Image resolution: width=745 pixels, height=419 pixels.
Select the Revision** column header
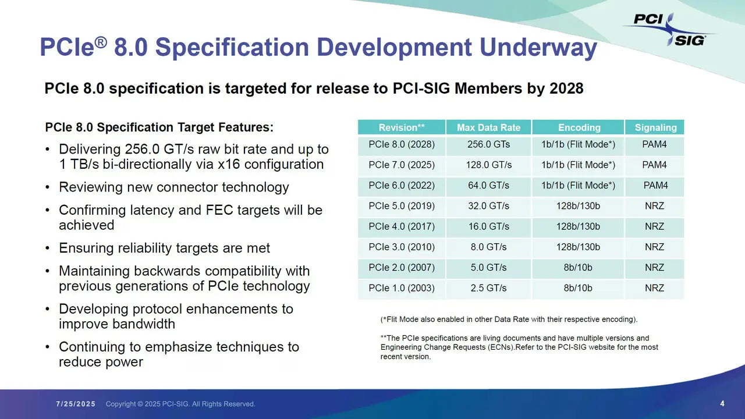coord(401,127)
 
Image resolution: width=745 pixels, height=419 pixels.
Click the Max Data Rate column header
coord(488,127)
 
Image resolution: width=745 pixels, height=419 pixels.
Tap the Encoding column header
coord(579,127)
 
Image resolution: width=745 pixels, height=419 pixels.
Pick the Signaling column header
coord(655,127)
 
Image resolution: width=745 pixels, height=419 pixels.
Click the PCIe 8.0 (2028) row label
coord(401,144)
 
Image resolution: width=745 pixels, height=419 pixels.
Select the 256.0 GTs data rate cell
coord(488,144)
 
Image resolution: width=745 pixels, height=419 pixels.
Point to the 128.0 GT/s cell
coord(488,165)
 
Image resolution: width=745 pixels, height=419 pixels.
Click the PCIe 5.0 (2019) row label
coord(401,205)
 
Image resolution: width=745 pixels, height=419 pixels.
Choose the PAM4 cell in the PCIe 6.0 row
coord(655,185)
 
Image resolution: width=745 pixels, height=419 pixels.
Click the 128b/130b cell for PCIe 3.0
coord(578,247)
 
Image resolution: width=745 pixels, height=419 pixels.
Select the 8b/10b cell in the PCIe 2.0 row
coord(578,268)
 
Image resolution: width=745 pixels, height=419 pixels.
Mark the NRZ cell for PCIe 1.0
coord(654,288)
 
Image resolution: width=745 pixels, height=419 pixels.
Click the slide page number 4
coord(722,403)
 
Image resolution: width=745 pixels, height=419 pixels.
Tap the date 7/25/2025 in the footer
coord(76,404)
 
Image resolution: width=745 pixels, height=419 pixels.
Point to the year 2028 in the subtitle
coord(566,88)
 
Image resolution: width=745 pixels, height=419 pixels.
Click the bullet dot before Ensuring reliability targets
coord(48,248)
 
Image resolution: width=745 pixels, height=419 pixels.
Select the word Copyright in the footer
coord(120,404)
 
